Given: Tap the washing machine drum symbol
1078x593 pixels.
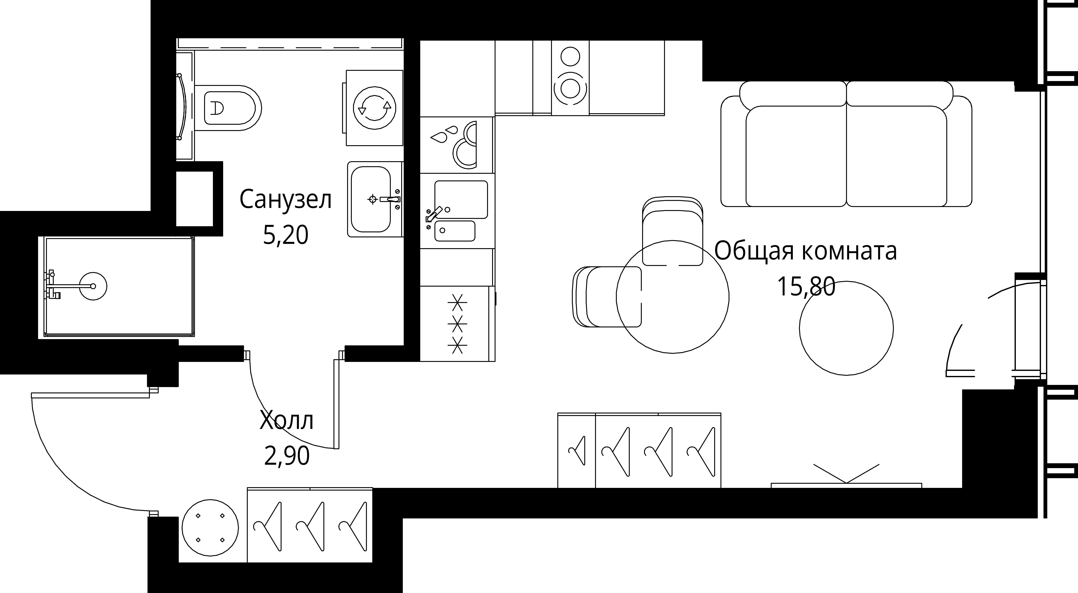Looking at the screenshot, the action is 375,108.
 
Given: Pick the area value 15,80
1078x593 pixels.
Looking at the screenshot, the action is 806,287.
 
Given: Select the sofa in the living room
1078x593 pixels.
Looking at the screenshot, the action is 846,144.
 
